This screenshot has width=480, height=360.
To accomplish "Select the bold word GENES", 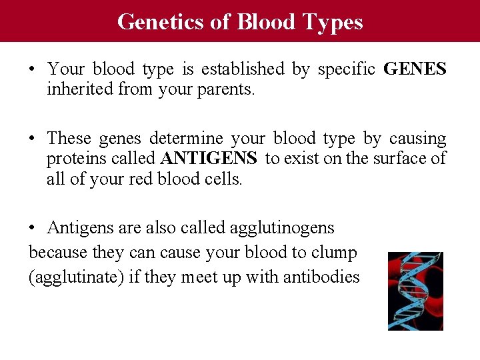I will point(415,69).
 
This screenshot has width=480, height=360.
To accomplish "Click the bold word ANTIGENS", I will point(209,159).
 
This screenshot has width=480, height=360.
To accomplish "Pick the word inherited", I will point(79,89).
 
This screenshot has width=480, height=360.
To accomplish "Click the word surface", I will point(387,159).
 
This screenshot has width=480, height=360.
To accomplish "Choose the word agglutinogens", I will point(282,228).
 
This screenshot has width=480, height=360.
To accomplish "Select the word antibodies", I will point(322,277).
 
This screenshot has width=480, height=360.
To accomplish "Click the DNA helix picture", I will point(415,291).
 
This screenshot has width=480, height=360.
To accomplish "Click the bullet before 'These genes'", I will point(33,139).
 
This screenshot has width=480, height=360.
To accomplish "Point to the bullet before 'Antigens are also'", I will point(33,228).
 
